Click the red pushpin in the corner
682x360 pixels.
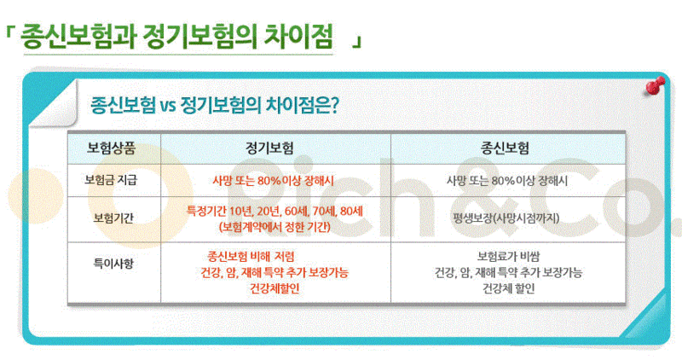click(655, 86)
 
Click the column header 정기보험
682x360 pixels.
click(269, 148)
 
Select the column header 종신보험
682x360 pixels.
click(505, 148)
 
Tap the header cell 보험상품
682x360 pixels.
click(112, 148)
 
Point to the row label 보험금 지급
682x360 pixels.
click(111, 180)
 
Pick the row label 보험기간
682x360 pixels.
click(113, 218)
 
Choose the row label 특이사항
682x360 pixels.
click(113, 264)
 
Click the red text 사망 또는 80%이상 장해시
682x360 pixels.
click(273, 180)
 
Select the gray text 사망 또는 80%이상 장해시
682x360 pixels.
click(507, 180)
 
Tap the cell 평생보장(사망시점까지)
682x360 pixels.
click(506, 218)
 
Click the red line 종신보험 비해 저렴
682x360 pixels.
click(251, 256)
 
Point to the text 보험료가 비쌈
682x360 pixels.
click(508, 256)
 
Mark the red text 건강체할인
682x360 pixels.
click(275, 288)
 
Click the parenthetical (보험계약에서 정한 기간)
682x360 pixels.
click(275, 227)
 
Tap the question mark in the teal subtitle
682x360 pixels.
click(334, 106)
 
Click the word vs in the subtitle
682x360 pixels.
click(167, 107)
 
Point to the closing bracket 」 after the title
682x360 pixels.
click(356, 42)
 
